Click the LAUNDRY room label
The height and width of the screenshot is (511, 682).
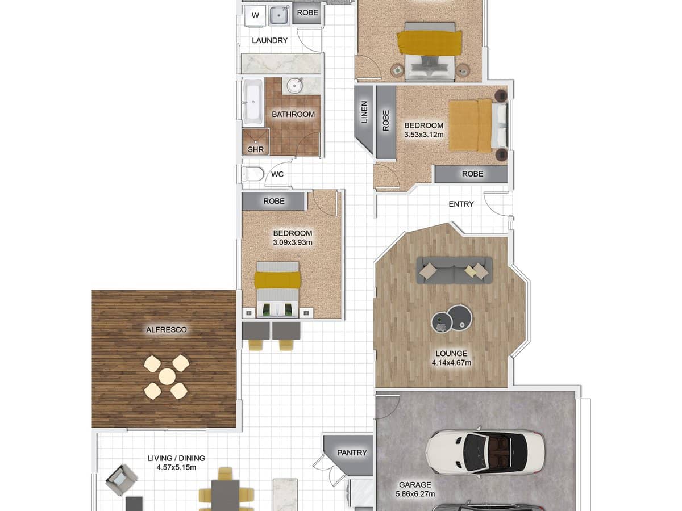(x=269, y=40)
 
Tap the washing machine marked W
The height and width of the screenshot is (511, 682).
(x=255, y=15)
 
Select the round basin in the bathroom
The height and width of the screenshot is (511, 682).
(x=294, y=85)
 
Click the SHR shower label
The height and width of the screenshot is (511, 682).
(x=255, y=149)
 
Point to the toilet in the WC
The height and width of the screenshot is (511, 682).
(x=252, y=174)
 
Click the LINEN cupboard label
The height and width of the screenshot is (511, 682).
(x=364, y=112)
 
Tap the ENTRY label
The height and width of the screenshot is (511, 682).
(x=461, y=204)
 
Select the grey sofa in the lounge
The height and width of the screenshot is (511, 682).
(x=454, y=270)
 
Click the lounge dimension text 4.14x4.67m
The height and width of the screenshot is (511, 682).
(x=451, y=362)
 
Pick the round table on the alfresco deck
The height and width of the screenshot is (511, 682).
(x=167, y=377)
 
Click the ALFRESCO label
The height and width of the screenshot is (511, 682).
(x=167, y=329)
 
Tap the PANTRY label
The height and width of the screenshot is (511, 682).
(x=352, y=453)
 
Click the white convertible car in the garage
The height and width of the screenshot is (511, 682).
(x=485, y=452)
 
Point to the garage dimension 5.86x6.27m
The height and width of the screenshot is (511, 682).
(x=415, y=494)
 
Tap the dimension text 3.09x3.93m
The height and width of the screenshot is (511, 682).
(x=293, y=242)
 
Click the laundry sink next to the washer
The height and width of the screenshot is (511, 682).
(x=279, y=15)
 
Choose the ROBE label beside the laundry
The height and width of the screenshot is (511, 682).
(x=307, y=12)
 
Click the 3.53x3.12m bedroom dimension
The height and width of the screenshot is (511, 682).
(x=424, y=135)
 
